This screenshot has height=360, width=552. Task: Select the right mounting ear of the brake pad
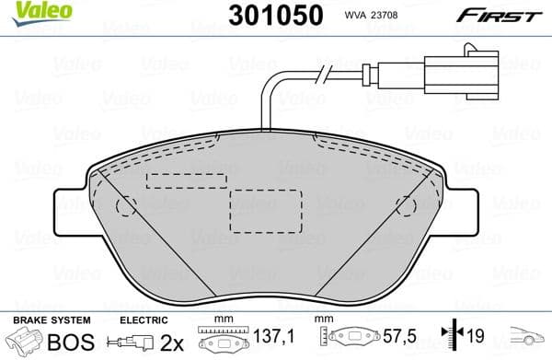point(462,203)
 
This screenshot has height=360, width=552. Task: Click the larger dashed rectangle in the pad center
point(265,211)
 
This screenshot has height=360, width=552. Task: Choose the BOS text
point(63,342)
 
